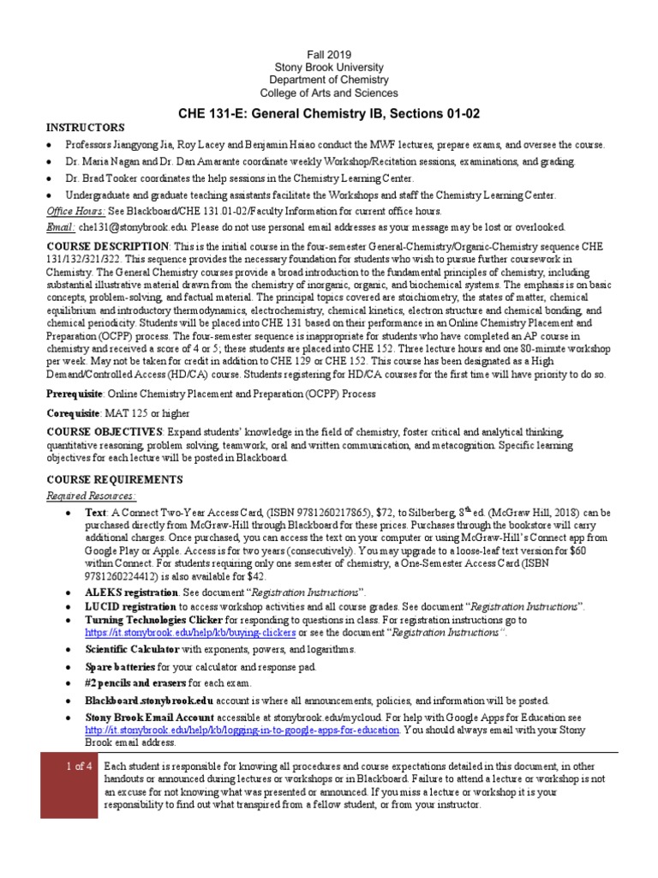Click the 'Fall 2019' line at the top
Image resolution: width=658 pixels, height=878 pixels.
(329, 54)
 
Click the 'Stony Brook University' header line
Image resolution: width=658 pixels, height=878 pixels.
(329, 67)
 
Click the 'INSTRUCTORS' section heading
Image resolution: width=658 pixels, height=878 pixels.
(85, 127)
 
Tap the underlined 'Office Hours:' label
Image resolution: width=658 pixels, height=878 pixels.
(76, 211)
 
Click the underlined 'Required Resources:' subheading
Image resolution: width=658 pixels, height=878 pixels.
(91, 496)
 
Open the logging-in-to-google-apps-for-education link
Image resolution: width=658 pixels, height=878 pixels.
(242, 730)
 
